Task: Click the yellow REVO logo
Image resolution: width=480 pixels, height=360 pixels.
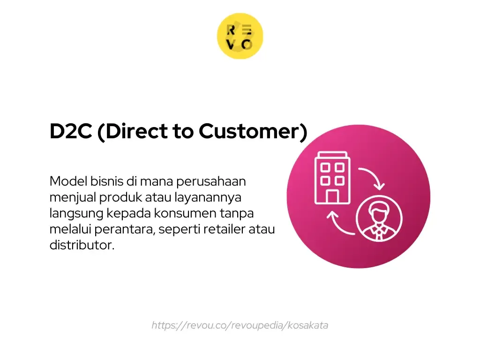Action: click(x=240, y=36)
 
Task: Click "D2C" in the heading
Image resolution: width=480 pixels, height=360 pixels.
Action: click(x=71, y=131)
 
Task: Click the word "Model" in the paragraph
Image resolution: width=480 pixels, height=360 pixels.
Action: click(x=68, y=181)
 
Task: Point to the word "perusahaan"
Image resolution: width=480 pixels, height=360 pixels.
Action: click(x=211, y=182)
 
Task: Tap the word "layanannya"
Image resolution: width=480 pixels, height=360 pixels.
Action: click(x=208, y=198)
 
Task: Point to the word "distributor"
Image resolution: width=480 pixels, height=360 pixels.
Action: click(x=81, y=245)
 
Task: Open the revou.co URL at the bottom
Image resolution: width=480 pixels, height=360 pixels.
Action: click(x=240, y=325)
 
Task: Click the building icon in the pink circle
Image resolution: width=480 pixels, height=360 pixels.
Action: click(x=332, y=178)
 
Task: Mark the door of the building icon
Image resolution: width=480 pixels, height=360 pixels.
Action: click(x=332, y=196)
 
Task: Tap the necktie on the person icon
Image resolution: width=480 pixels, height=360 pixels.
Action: click(x=379, y=234)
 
